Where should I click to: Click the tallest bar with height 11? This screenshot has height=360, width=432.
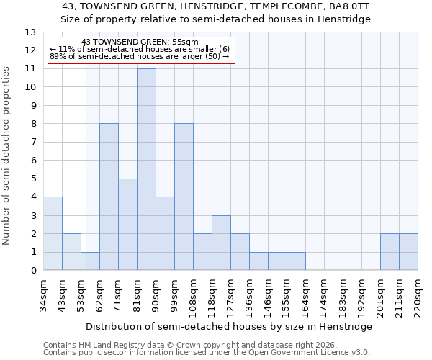pyautogui.click(x=146, y=169)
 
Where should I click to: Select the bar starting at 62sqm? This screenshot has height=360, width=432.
pyautogui.click(x=109, y=197)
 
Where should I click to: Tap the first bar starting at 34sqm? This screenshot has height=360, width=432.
pyautogui.click(x=53, y=233)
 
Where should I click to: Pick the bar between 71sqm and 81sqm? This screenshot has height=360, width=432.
pyautogui.click(x=127, y=224)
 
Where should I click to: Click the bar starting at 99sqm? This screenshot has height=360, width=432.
pyautogui.click(x=184, y=197)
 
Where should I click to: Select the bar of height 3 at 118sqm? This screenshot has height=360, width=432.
pyautogui.click(x=221, y=243)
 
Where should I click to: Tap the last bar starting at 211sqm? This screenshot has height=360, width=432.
pyautogui.click(x=408, y=252)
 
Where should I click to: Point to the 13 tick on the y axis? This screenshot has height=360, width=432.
pyautogui.click(x=30, y=32)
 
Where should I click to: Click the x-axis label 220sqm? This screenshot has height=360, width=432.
pyautogui.click(x=418, y=297)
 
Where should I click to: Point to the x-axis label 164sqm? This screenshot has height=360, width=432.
pyautogui.click(x=306, y=297)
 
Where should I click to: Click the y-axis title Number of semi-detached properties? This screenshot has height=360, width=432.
pyautogui.click(x=7, y=156)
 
